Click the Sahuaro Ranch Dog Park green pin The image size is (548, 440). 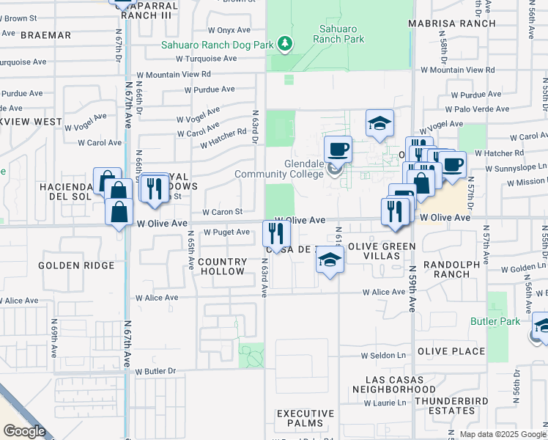coord(285,45)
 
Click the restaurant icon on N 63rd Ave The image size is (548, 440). coord(276,234)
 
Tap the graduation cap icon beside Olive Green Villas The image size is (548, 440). coord(330,260)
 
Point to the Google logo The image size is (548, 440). coord(24,430)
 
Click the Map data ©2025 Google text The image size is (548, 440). coord(503,434)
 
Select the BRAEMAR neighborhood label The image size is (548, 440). coord(46,34)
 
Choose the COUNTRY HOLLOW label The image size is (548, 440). coord(222,266)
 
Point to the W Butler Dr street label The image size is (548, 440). coord(157,371)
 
